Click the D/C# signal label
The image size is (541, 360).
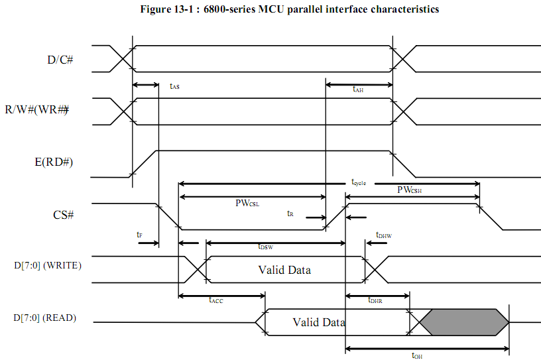point(60,60)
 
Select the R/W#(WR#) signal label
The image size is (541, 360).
point(36,110)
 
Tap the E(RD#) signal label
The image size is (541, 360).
point(54,162)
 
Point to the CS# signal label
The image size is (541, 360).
point(64,215)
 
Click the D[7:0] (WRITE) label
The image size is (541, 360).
point(48,265)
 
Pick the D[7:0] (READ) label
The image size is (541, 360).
point(45,318)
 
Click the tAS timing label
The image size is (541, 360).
point(174,86)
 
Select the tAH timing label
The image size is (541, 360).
point(358,89)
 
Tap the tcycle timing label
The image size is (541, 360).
point(359,182)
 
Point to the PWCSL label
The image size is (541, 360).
point(247,203)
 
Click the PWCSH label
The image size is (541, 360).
point(410,190)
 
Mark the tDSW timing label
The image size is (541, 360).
point(266,247)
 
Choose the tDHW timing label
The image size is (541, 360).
point(384,235)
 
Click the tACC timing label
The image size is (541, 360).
point(216,300)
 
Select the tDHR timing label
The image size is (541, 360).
point(375,300)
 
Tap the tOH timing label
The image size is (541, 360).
point(417,355)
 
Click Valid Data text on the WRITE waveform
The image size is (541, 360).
point(284,270)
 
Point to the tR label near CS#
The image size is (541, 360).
point(290,213)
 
